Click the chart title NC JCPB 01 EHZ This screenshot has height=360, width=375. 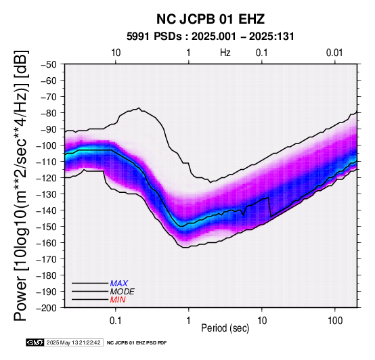click(211, 19)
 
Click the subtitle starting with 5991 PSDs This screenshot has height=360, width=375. click(211, 37)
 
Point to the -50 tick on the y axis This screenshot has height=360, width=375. click(49, 64)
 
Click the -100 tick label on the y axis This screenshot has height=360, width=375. click(47, 145)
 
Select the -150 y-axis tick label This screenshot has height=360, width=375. click(47, 227)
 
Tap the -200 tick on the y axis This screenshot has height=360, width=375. click(47, 308)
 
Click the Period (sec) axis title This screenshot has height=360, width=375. click(225, 328)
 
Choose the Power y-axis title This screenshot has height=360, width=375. click(21, 185)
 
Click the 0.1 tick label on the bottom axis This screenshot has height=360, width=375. click(116, 321)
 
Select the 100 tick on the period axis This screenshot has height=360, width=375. click(335, 321)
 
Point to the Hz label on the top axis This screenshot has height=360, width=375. click(225, 53)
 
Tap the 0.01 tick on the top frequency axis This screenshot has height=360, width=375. click(334, 53)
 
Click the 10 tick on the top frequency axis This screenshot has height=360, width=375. click(116, 53)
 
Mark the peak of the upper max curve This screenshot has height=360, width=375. click(139, 108)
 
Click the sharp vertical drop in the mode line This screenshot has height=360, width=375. click(269, 207)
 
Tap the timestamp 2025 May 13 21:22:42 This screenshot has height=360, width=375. click(74, 342)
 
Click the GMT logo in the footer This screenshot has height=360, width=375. click(35, 342)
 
